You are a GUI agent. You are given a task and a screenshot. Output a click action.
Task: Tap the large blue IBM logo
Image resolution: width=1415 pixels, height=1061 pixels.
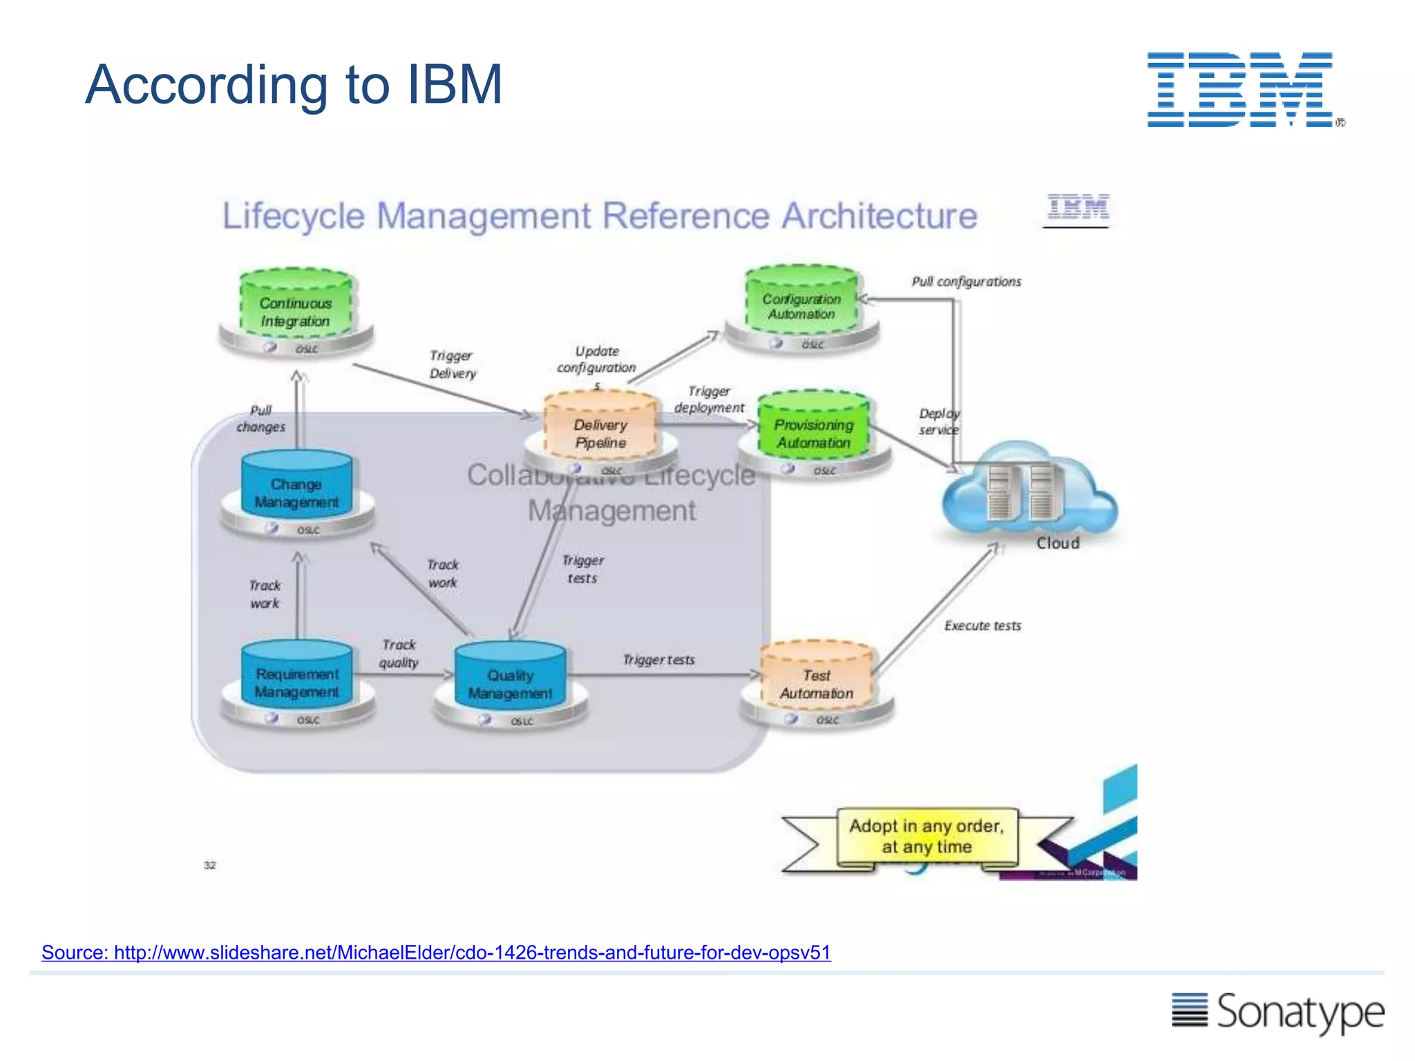(x=1241, y=90)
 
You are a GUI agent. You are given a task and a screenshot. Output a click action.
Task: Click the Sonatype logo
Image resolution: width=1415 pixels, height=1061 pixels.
(x=1278, y=1012)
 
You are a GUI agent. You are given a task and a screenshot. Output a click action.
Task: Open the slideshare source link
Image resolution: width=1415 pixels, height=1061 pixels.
(x=436, y=953)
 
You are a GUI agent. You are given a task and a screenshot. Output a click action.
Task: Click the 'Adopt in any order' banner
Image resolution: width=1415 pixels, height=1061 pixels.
(x=927, y=837)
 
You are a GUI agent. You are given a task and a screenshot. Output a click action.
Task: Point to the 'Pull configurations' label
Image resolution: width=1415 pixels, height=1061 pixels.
(x=966, y=282)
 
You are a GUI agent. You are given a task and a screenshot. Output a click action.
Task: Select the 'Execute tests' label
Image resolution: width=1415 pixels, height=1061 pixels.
(x=982, y=626)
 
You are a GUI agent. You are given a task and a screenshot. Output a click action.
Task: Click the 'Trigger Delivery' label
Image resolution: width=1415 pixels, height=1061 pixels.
(x=453, y=364)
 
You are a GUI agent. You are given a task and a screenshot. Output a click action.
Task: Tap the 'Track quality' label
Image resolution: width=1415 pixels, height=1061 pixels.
(x=399, y=653)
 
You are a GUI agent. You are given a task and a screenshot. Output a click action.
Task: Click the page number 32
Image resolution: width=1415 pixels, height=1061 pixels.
(x=210, y=865)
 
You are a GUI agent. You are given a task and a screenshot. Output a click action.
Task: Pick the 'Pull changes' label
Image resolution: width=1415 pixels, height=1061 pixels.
(x=261, y=419)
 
